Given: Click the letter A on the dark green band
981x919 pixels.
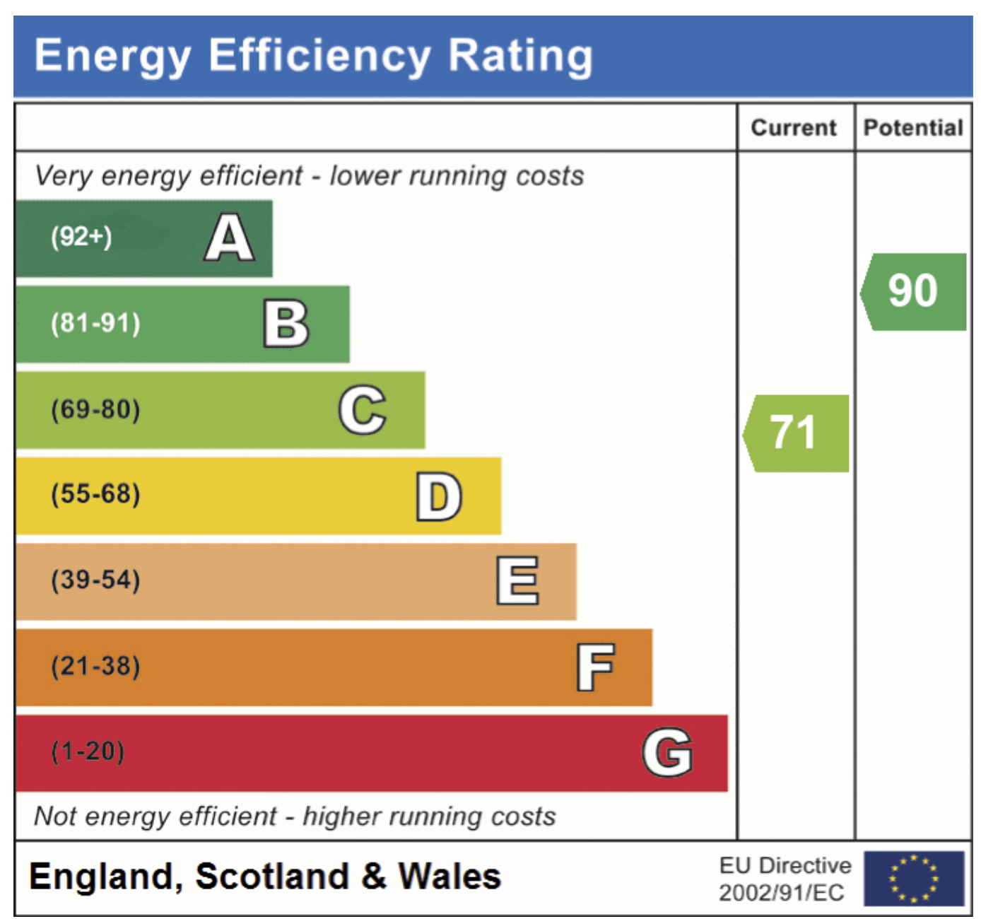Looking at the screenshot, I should point(230,238).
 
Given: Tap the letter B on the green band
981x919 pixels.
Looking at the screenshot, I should point(286,324).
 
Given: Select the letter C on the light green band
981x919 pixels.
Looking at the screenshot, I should point(363,410).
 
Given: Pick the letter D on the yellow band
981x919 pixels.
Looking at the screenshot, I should point(439,496).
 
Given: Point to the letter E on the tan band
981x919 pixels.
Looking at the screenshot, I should point(517,581).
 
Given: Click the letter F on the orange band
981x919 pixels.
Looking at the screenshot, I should point(595,667).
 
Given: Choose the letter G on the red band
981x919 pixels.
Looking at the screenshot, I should point(667,752).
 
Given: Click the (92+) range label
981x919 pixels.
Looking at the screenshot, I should point(81,237).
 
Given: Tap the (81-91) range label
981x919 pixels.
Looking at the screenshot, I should point(95,324).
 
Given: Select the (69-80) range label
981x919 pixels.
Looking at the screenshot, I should point(95,410).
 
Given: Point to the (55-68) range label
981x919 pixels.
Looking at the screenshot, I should point(95,494).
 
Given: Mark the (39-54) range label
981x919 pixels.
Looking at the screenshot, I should point(95,580).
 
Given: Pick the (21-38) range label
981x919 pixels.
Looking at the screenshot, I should point(95,667).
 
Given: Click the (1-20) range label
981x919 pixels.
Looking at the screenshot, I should point(88,751).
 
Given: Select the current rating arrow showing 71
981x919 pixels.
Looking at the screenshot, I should point(797,433).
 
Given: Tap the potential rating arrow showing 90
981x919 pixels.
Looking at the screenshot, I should point(914,291).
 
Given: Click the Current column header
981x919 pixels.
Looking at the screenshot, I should point(794,128).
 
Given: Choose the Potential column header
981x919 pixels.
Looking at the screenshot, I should point(913,128).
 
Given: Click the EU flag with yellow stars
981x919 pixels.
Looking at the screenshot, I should point(914,879).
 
